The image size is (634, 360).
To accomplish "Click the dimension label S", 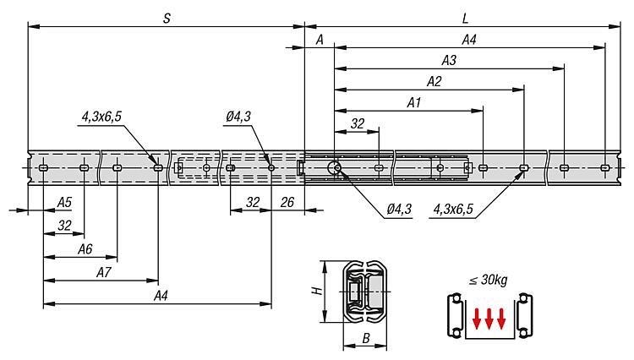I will (x=167, y=18).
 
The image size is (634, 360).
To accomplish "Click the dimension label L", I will (x=466, y=18).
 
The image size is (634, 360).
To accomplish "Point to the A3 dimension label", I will (x=449, y=60).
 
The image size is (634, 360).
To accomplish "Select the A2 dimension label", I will (x=434, y=81).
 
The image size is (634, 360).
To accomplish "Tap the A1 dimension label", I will (x=413, y=102).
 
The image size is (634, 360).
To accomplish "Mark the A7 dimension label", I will (x=104, y=272).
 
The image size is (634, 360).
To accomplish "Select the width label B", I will (x=365, y=338).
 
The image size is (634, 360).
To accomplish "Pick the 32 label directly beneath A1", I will (x=358, y=123).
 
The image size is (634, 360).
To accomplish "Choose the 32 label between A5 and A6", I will (x=64, y=225).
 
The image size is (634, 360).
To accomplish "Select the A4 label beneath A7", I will (x=161, y=295).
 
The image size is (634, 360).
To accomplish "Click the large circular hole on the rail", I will (x=336, y=168).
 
